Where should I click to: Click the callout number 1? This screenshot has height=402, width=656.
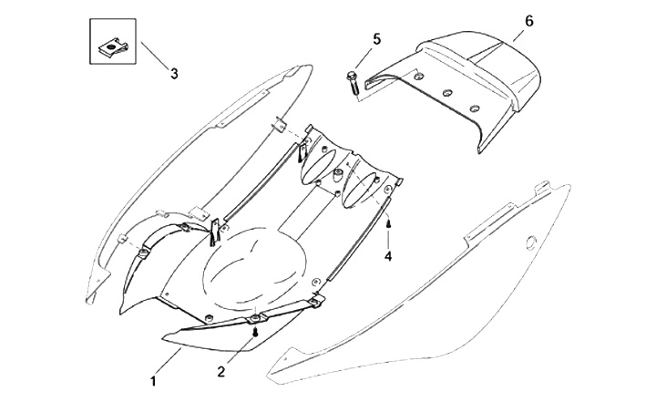[154, 376]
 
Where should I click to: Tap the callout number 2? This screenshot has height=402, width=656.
[220, 371]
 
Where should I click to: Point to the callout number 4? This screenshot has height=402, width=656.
[387, 256]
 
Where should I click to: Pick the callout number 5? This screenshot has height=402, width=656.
[376, 37]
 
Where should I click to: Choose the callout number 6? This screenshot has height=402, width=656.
[528, 19]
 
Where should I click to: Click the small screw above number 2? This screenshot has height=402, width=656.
[257, 334]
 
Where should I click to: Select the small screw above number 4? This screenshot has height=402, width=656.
[388, 222]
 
